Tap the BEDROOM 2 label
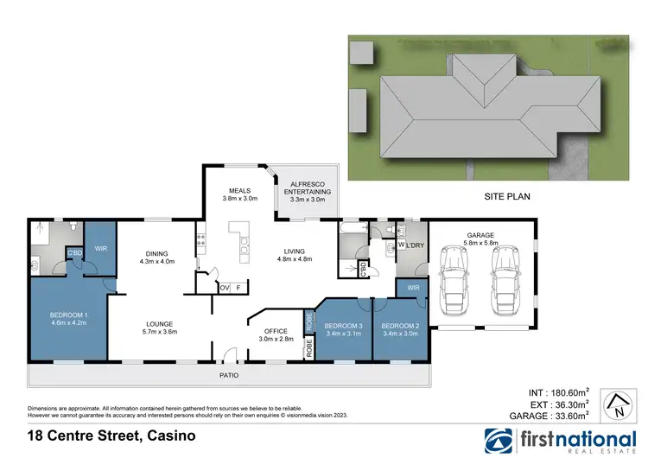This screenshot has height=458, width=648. coord(400,326)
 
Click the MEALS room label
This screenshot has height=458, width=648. coord(239,190)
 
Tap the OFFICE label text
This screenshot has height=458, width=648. coord(276,330)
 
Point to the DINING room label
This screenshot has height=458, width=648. coord(157,253)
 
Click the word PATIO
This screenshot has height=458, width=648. coord(228,376)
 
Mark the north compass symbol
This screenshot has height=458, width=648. coord(614,402)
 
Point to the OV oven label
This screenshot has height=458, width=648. coord(225,287)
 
